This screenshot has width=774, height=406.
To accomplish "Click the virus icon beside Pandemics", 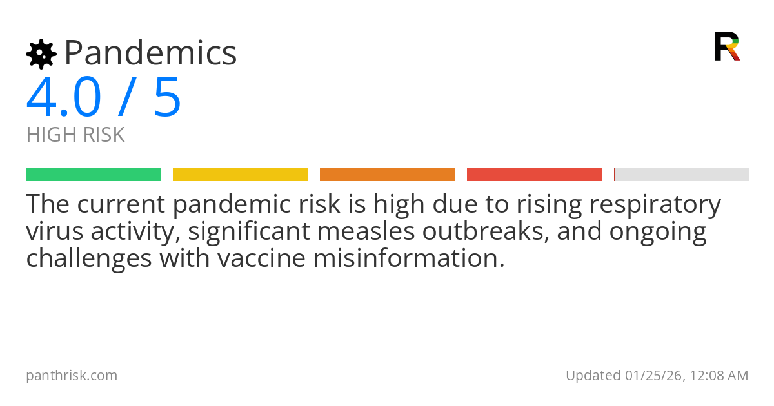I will (x=41, y=53).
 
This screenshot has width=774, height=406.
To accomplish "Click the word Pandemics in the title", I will (x=150, y=53).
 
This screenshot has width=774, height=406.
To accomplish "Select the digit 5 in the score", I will (x=168, y=97).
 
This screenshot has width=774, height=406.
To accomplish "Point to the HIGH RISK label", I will (x=75, y=135).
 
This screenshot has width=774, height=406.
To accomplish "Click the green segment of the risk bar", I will (x=93, y=174).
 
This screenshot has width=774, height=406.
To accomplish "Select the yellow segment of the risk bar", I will (x=240, y=174).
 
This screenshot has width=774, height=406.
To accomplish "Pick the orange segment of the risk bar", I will (x=387, y=174).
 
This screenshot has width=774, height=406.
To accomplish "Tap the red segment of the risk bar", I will (x=534, y=174).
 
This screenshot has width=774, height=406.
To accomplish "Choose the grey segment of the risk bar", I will (x=682, y=174).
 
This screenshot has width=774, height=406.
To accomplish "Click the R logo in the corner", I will (x=726, y=46).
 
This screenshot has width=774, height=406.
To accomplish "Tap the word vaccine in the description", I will (x=262, y=258).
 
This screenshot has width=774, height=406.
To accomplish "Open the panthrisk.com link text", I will (x=72, y=375).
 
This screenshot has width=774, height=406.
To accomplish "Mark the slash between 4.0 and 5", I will (x=126, y=97).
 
